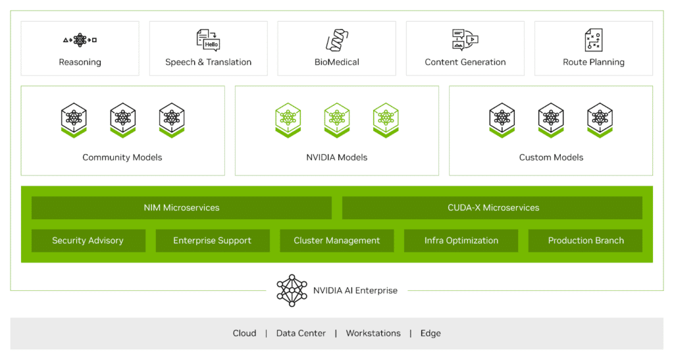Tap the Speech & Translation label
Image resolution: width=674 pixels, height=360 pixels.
coord(208,63)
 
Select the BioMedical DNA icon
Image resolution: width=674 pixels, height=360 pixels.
coord(337,39)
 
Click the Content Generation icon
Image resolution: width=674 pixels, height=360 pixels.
coord(465,39)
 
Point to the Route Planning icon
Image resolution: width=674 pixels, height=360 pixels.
coord(594,39)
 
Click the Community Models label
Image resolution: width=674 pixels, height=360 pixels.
coord(122,157)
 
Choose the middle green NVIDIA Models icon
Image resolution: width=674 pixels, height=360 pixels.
coord(337,120)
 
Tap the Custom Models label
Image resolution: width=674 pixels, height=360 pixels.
coord(551,157)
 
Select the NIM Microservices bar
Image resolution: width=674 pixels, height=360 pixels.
coord(182,208)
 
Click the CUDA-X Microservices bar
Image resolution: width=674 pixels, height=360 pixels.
coord(492,208)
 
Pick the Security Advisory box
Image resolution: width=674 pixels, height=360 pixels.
coord(88,241)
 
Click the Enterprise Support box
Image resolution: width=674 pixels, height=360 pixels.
coord(213,241)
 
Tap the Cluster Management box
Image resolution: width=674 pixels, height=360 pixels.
coord(337,241)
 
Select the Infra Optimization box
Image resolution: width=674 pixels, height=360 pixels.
coord(461,241)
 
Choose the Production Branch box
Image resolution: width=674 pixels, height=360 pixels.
coord(586,241)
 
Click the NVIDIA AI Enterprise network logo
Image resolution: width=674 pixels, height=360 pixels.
coord(292,290)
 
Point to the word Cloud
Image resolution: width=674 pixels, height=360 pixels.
coord(244,334)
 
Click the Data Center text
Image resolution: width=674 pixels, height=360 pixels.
coord(301,334)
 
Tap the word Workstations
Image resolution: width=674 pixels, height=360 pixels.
coord(373,334)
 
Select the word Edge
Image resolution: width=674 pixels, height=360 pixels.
coord(430,334)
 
